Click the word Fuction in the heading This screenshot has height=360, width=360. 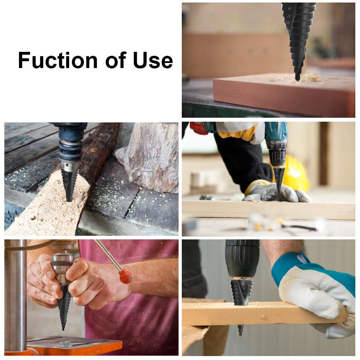click(58, 60)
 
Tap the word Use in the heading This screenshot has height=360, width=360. click(153, 60)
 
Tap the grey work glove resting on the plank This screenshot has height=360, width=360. click(274, 193)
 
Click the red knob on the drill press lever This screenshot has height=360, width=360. click(126, 276)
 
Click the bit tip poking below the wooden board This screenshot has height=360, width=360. click(240, 330)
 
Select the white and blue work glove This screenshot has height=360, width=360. click(317, 292)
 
